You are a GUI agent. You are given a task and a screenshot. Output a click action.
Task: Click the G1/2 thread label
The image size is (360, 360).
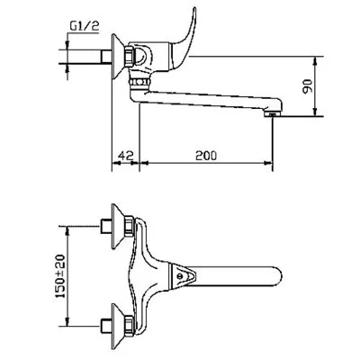[85, 27]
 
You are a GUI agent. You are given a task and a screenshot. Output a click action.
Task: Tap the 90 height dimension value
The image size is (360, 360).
[308, 86]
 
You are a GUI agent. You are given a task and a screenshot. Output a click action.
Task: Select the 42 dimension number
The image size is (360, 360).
[126, 155]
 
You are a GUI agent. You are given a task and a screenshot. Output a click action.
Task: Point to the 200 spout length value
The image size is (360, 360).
[206, 156]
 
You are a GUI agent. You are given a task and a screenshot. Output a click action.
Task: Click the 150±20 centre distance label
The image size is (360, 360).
[61, 276]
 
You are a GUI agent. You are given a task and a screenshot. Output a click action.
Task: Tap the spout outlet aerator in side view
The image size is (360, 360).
[272, 114]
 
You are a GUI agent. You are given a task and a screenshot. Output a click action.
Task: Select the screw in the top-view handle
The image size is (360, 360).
[180, 276]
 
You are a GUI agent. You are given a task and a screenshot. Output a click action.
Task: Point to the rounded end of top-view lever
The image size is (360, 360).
[278, 276]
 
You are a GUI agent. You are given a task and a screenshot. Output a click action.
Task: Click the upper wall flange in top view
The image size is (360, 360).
[118, 227]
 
